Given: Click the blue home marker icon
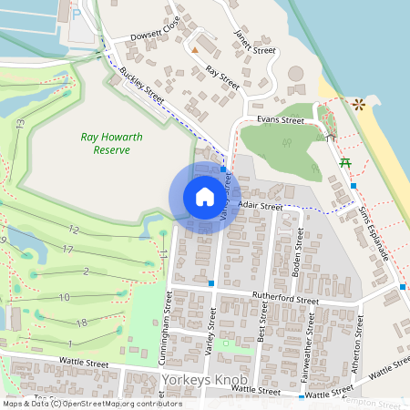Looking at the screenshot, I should (205, 197).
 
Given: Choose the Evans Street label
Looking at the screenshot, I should (280, 119).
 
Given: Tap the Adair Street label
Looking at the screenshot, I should (260, 207).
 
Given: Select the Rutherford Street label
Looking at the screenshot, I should (285, 298).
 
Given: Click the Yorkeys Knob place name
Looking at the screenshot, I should (206, 380).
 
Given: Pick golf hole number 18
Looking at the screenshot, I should (81, 323).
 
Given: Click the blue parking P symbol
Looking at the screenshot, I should (76, 14).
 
